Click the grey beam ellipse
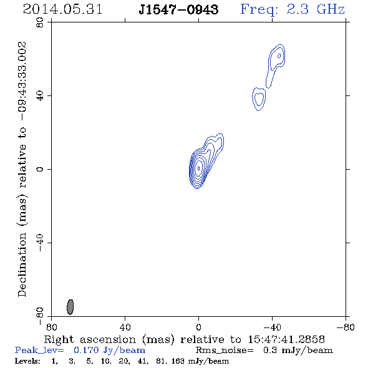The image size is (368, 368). pos(70,307)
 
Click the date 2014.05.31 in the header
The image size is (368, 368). pos(62,9)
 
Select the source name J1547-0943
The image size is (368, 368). pos(178,9)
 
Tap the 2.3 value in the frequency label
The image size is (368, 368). pos(298,9)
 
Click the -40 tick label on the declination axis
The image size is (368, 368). pos(40,243)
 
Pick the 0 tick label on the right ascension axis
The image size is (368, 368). pos(198,327)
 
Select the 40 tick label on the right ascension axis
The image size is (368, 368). pos(125,327)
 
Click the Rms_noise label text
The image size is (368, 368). pos(225,350)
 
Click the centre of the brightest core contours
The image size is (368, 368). pos(198,168)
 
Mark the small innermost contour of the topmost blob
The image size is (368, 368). pos(279,56)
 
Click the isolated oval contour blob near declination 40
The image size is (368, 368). pos(259,99)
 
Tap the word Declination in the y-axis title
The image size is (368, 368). pos(22,264)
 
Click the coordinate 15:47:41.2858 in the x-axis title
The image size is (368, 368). pos(286,339)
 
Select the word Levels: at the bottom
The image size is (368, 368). pos(27,361)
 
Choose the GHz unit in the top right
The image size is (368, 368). pos(331,9)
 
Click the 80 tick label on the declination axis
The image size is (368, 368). pos(40,22)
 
